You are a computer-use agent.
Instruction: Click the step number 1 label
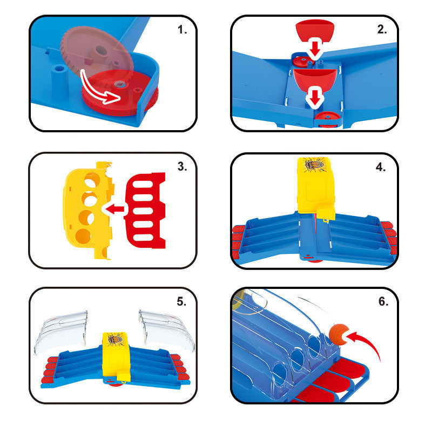pyautogui.click(x=182, y=30)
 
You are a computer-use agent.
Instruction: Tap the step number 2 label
pyautogui.click(x=382, y=30)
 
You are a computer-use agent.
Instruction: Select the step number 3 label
pyautogui.click(x=182, y=166)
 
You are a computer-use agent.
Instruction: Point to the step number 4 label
pyautogui.click(x=381, y=167)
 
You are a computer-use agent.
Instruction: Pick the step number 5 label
pyautogui.click(x=181, y=302)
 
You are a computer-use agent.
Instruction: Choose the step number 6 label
pyautogui.click(x=383, y=301)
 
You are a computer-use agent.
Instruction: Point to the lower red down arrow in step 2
pyautogui.click(x=315, y=97)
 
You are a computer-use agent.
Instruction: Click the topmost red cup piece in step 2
pyautogui.click(x=315, y=30)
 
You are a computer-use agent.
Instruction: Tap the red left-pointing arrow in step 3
pyautogui.click(x=114, y=209)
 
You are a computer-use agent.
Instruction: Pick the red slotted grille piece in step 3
pyautogui.click(x=146, y=211)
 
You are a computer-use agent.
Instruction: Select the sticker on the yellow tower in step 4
pyautogui.click(x=314, y=165)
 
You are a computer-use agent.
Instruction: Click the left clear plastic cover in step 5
pyautogui.click(x=61, y=330)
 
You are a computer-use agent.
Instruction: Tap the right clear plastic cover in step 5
pyautogui.click(x=167, y=330)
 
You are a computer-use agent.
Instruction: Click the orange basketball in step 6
pyautogui.click(x=339, y=334)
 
